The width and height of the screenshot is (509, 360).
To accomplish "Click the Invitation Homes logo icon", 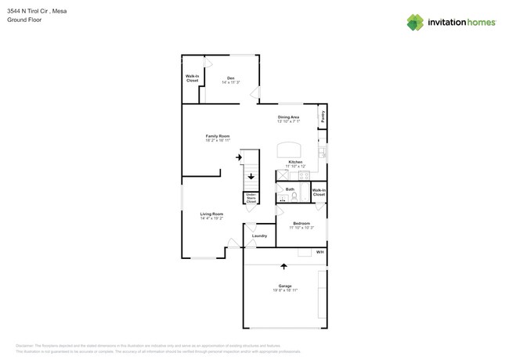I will tap(414, 23).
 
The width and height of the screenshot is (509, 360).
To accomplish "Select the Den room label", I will tap(230, 77).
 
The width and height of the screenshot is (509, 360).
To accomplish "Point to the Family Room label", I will tap(218, 136).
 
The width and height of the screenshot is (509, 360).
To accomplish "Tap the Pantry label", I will tap(322, 117).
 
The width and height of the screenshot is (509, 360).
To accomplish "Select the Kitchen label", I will tap(294, 162).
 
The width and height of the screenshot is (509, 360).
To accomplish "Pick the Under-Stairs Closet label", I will tap(251, 198).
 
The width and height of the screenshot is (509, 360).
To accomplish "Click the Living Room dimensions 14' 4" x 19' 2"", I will tap(211, 218).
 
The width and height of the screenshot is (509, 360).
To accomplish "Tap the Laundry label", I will tap(259, 236).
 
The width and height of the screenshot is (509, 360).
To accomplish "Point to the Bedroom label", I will tap(301, 223).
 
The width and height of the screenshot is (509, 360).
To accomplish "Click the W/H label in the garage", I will tap(319, 253).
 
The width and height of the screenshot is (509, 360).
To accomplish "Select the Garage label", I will tap(285, 286).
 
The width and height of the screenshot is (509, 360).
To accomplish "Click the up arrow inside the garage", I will tap(283, 266).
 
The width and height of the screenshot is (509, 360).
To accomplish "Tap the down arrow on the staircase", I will tap(251, 177).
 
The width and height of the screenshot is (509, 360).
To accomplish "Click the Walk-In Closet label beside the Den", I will tap(192, 79).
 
